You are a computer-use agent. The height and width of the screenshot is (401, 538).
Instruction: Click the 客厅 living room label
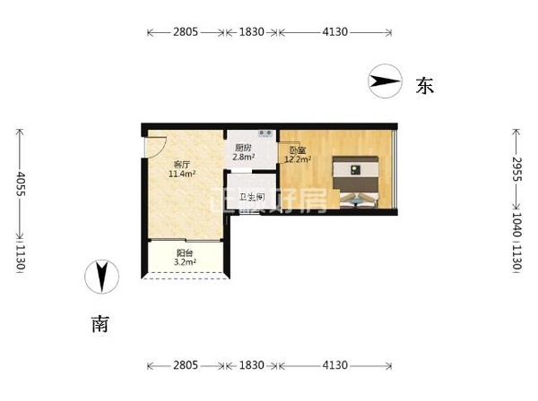coord(182,164)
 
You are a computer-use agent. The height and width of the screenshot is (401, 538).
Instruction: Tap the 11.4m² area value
coord(182,174)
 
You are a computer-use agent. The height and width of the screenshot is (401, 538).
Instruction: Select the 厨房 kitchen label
coord(243,148)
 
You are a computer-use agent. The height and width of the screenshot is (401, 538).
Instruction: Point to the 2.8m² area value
coord(244,158)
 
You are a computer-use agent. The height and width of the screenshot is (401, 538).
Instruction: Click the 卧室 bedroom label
coord(297,149)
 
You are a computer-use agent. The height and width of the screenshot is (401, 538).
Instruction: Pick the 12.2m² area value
coord(298,159)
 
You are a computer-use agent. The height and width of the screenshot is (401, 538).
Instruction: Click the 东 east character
coord(424,86)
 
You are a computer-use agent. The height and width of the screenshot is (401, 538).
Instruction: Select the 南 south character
coord(101,323)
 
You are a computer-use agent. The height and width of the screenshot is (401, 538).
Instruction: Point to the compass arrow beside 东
coord(384,83)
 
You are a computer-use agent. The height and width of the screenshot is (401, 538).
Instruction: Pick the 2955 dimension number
coord(517,169)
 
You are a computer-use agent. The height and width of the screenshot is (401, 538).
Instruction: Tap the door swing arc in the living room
coord(159,145)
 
